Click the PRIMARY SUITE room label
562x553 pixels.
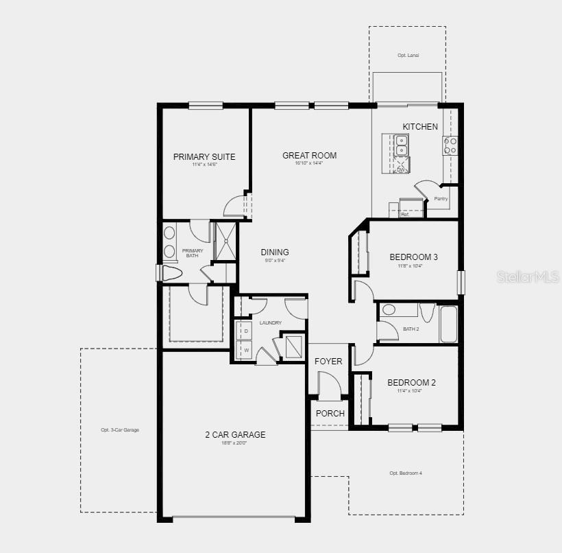(x=204, y=156)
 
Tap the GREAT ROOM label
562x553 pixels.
(x=309, y=155)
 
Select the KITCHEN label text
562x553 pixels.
(x=419, y=126)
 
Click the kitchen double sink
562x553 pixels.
(x=401, y=145)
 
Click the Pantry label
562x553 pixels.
(x=441, y=198)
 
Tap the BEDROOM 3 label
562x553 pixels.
(x=413, y=257)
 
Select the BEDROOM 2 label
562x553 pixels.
(x=411, y=383)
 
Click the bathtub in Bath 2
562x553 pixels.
(x=448, y=324)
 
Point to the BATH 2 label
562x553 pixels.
(x=411, y=329)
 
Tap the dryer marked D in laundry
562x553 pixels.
(x=245, y=331)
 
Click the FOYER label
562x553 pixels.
(x=328, y=362)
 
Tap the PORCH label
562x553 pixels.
(x=330, y=413)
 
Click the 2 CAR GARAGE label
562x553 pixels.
(x=235, y=434)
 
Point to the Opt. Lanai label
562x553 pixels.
(x=408, y=55)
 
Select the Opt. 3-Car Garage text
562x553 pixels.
(x=120, y=430)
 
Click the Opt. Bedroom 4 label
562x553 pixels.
(x=406, y=473)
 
